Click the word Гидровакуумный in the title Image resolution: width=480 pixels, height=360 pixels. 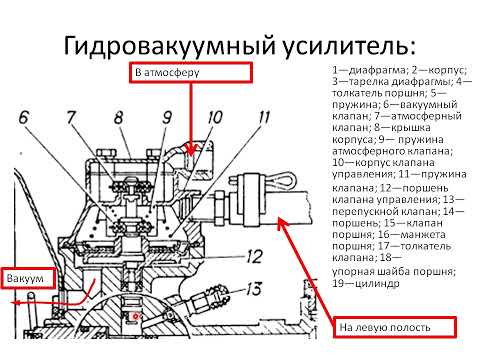pyautogui.click(x=169, y=46)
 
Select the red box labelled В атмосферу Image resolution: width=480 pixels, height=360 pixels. pyautogui.click(x=191, y=72)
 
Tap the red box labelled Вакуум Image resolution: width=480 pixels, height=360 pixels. pyautogui.click(x=29, y=278)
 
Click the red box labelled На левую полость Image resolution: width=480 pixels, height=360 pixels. pyautogui.click(x=395, y=327)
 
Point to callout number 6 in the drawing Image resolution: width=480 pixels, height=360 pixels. pyautogui.click(x=23, y=117)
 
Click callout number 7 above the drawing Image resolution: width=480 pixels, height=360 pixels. pyautogui.click(x=71, y=117)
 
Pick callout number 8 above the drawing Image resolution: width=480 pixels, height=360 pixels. pyautogui.click(x=118, y=117)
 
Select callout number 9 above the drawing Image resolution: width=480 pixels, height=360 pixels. pyautogui.click(x=167, y=117)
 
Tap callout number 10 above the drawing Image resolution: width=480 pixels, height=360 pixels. pyautogui.click(x=214, y=117)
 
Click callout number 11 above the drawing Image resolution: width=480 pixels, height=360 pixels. pyautogui.click(x=263, y=117)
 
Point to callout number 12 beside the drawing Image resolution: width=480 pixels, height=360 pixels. pyautogui.click(x=254, y=257)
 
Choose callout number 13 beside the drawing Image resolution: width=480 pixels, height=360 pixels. pyautogui.click(x=254, y=289)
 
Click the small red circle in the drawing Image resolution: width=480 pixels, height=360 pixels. pyautogui.click(x=135, y=315)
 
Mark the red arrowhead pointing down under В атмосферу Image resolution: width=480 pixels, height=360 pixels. pyautogui.click(x=190, y=150)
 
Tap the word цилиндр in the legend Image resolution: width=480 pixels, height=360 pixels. pyautogui.click(x=377, y=284)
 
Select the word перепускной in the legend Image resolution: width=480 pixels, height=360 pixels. pyautogui.click(x=363, y=212)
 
